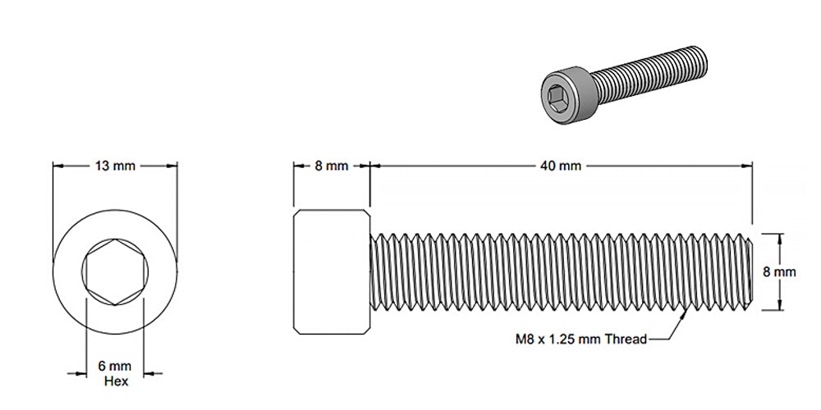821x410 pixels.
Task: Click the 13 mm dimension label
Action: click(115, 166)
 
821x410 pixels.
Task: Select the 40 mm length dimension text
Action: click(561, 166)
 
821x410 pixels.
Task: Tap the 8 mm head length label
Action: click(332, 166)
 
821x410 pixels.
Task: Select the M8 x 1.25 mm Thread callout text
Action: click(580, 339)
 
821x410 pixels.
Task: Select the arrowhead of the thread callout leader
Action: click(683, 312)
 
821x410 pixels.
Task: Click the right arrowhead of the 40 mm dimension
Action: click(748, 166)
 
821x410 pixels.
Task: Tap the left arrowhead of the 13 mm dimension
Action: click(58, 166)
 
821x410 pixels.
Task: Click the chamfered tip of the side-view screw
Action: click(750, 271)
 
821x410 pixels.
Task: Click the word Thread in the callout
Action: click(626, 339)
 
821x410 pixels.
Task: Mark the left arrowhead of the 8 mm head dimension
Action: click(298, 166)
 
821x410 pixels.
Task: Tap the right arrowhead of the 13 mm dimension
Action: click(172, 166)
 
